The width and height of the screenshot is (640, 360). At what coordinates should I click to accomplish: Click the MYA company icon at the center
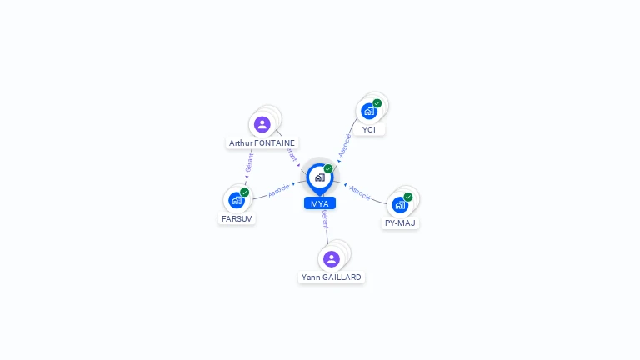[319, 177]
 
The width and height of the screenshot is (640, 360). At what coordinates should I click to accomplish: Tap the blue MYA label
[319, 203]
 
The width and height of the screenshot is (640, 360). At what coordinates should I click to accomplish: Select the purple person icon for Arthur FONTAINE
[262, 125]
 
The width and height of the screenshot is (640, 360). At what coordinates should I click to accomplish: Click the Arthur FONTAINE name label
[262, 142]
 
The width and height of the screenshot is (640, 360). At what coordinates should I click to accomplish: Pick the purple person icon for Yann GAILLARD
[332, 258]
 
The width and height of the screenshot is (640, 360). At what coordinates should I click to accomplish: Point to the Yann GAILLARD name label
[332, 277]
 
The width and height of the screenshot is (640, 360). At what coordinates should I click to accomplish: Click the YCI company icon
[369, 111]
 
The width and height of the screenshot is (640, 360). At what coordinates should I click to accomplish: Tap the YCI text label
[369, 129]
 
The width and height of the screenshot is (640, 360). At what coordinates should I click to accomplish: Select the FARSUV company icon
[237, 200]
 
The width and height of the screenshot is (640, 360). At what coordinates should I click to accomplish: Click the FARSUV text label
[237, 218]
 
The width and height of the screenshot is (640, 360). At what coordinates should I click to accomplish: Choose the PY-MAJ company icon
[400, 204]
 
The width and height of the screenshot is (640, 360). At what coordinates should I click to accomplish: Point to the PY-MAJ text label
[400, 222]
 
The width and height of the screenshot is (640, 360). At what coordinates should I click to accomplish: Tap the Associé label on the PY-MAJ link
[360, 192]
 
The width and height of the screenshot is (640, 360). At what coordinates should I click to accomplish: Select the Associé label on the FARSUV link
[280, 190]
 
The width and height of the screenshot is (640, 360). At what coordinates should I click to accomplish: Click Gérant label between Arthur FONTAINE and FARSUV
[249, 162]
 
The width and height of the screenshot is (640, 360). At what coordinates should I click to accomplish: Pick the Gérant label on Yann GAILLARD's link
[325, 220]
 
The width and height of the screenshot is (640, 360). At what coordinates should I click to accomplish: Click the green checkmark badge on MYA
[328, 168]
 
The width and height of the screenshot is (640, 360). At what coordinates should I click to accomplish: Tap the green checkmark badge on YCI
[377, 103]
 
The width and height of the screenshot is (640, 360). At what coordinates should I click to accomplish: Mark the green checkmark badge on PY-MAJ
[408, 197]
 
